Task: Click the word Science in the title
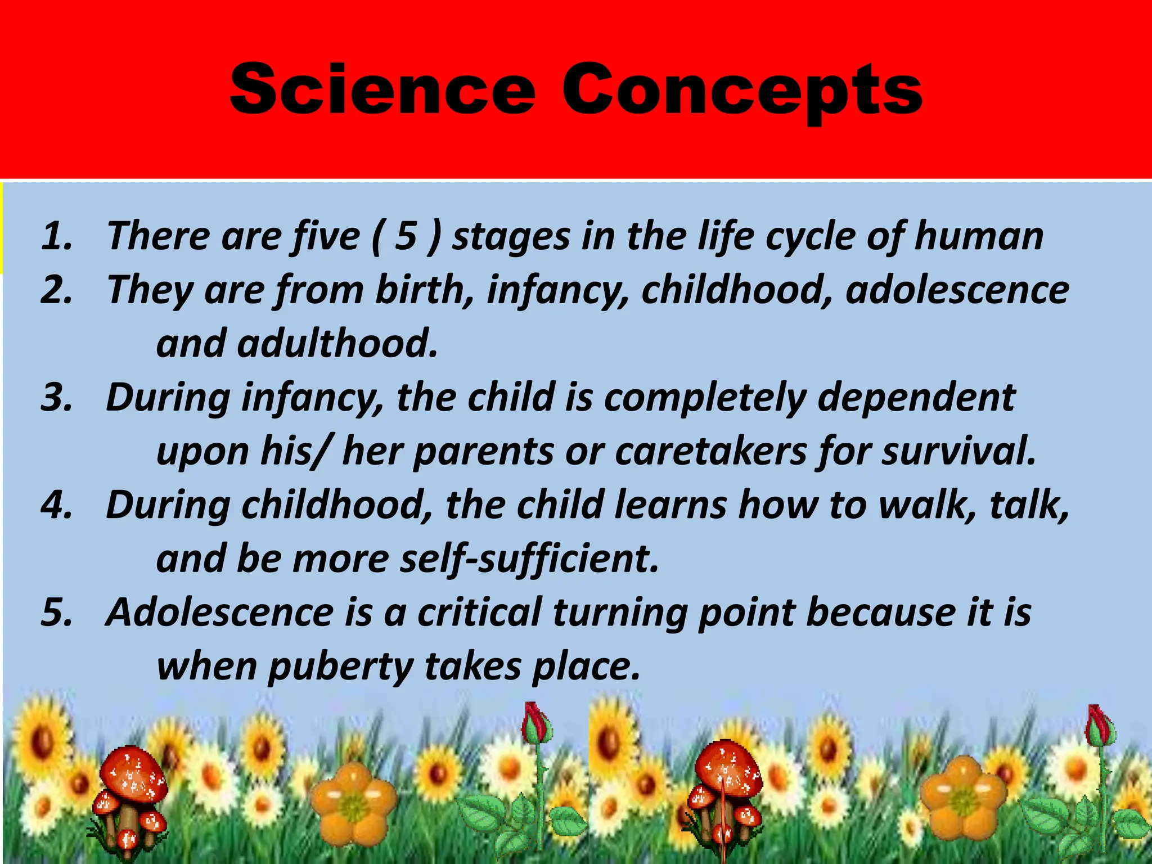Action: click(382, 90)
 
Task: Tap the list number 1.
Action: click(56, 236)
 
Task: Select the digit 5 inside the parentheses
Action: click(406, 236)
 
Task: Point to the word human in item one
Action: click(979, 236)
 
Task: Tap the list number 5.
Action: click(56, 613)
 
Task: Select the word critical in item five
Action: click(479, 613)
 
